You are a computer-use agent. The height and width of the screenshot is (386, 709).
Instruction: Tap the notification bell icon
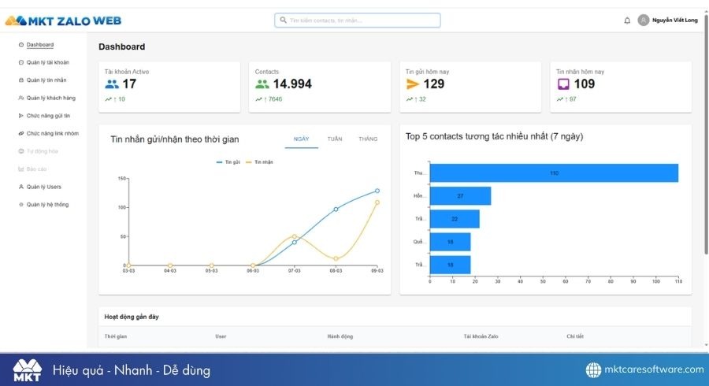pyautogui.click(x=627, y=20)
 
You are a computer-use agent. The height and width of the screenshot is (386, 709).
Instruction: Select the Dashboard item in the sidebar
pyautogui.click(x=39, y=45)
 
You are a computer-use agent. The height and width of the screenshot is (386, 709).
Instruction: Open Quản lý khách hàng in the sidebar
pyautogui.click(x=50, y=98)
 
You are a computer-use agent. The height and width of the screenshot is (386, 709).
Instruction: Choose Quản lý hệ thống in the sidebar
pyautogui.click(x=47, y=205)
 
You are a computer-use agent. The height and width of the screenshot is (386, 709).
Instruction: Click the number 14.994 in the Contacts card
pyautogui.click(x=292, y=84)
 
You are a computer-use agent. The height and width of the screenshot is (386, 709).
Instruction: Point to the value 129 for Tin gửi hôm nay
pyautogui.click(x=434, y=84)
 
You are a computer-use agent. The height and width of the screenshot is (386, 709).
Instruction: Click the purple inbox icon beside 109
pyautogui.click(x=563, y=84)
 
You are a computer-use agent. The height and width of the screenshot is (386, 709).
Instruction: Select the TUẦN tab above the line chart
pyautogui.click(x=335, y=139)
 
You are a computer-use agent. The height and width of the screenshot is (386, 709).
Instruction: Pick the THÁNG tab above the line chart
pyautogui.click(x=368, y=139)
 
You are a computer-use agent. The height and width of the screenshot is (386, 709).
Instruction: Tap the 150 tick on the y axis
pyautogui.click(x=122, y=179)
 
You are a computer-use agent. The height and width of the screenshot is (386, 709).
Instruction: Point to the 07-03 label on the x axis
pyautogui.click(x=294, y=270)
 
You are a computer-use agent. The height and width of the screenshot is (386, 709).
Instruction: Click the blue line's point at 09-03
pyautogui.click(x=377, y=191)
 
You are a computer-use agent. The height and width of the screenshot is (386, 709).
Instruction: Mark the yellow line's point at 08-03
pyautogui.click(x=336, y=258)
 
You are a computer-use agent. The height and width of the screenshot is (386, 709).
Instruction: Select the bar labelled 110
pyautogui.click(x=554, y=173)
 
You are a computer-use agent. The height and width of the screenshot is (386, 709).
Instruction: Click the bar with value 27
pyautogui.click(x=460, y=195)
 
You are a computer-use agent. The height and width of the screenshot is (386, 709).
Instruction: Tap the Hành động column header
pyautogui.click(x=340, y=336)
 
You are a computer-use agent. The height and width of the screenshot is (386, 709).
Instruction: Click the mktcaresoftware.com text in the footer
pyautogui.click(x=654, y=369)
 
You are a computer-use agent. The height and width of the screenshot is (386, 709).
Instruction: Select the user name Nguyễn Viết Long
pyautogui.click(x=676, y=20)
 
